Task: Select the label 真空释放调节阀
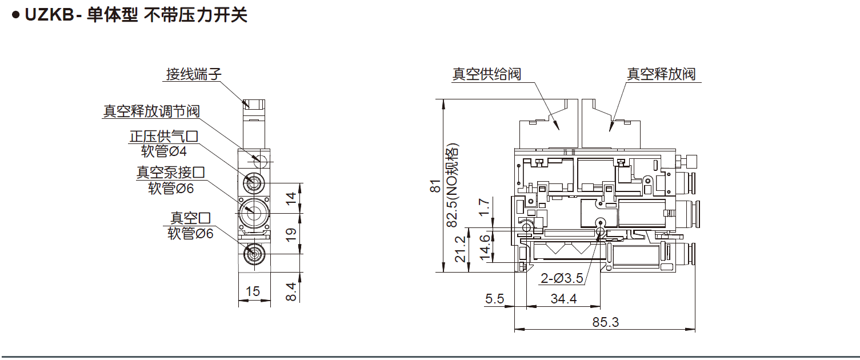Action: tap(151, 111)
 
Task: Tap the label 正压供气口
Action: tap(163, 137)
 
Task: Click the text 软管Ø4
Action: tap(164, 151)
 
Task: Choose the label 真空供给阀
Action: tap(486, 74)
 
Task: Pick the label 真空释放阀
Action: tap(661, 74)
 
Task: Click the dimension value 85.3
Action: tap(605, 322)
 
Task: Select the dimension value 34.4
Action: tap(563, 298)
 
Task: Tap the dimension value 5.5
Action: tap(495, 298)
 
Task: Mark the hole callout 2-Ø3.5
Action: tap(562, 279)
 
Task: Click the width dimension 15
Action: tap(252, 291)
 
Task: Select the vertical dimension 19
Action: tap(291, 233)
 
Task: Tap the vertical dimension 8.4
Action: tap(291, 292)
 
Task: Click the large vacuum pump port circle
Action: tap(252, 212)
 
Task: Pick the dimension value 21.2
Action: tap(459, 249)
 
